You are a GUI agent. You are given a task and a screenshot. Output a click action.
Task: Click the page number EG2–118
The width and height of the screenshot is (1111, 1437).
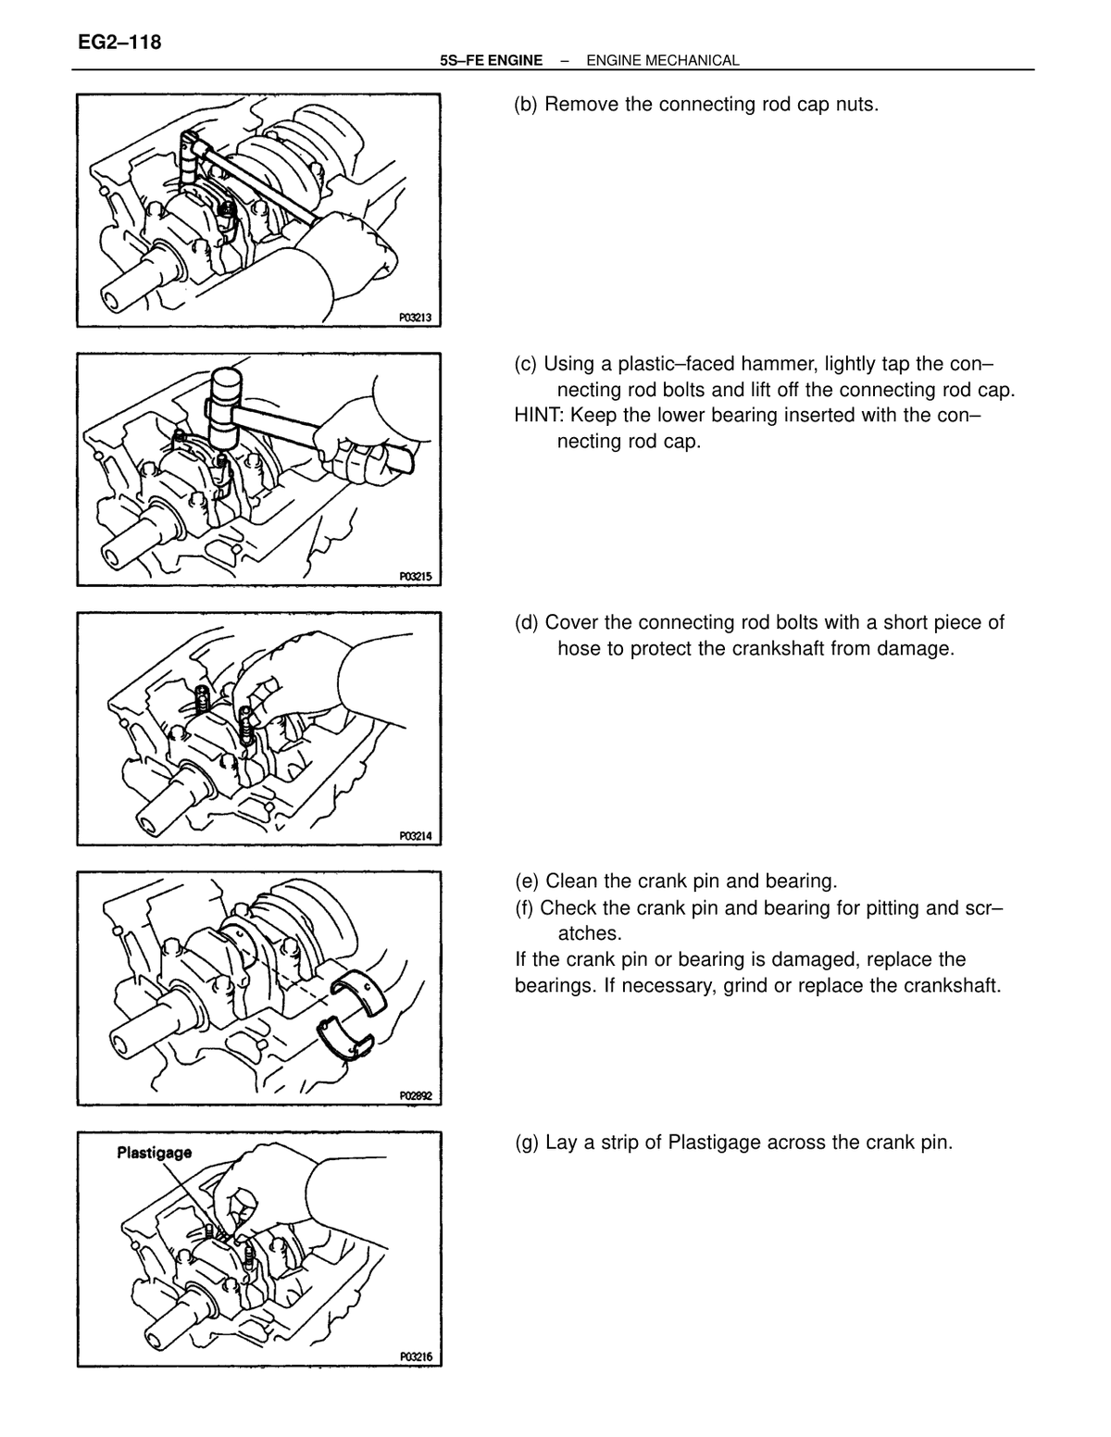coord(119,43)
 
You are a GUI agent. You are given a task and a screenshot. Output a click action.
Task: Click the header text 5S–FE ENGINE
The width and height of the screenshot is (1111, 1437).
coord(491,61)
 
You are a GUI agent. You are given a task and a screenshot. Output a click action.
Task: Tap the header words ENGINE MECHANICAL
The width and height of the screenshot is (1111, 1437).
coord(663,61)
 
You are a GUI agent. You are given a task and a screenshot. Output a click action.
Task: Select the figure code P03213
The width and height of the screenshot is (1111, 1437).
coord(415,318)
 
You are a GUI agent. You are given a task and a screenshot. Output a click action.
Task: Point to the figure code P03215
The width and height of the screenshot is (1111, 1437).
coord(415,577)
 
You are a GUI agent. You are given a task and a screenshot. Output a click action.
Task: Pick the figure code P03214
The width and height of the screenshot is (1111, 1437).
coord(415,836)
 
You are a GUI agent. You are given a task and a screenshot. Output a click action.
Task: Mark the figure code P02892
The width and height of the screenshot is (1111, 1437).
coord(415,1095)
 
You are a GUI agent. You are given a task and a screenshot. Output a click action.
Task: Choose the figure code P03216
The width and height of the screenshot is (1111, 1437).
coord(415,1356)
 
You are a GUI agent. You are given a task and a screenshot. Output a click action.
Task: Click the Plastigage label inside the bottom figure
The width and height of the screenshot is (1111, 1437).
coord(155,1154)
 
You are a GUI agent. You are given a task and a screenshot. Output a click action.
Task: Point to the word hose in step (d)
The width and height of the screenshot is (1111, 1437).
coord(579,648)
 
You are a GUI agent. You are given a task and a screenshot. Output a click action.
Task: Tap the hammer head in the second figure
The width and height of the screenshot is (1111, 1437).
coord(225,410)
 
